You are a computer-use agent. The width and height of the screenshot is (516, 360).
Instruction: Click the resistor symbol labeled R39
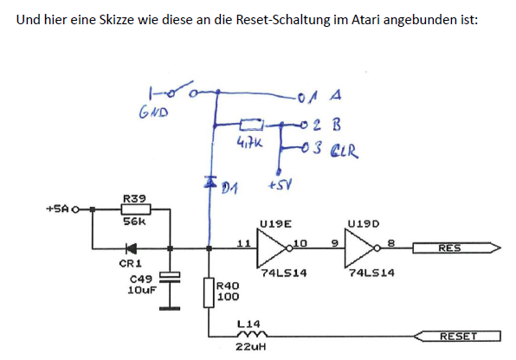click(136, 209)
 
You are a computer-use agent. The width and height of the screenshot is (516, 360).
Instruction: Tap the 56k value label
click(134, 222)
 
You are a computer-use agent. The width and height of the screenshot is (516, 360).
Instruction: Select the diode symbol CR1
click(132, 248)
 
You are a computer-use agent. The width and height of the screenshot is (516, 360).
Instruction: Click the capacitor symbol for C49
click(170, 277)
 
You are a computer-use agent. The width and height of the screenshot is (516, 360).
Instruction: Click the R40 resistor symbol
click(209, 292)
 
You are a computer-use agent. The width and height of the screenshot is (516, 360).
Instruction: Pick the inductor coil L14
click(252, 334)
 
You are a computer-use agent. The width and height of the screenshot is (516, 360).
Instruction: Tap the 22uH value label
click(251, 347)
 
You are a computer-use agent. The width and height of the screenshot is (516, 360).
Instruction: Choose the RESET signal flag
click(457, 337)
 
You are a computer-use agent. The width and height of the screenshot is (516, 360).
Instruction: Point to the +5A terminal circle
click(75, 209)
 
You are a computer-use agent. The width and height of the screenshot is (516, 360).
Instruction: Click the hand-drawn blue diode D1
click(210, 182)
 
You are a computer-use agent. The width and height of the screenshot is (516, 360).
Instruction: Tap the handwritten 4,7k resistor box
click(251, 125)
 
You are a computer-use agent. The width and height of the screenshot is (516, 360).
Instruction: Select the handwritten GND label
click(153, 112)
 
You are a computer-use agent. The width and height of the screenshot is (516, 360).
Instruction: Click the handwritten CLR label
click(345, 151)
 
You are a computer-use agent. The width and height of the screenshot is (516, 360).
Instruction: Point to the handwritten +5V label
click(280, 185)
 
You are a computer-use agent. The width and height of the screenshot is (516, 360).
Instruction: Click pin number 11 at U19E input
click(244, 243)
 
